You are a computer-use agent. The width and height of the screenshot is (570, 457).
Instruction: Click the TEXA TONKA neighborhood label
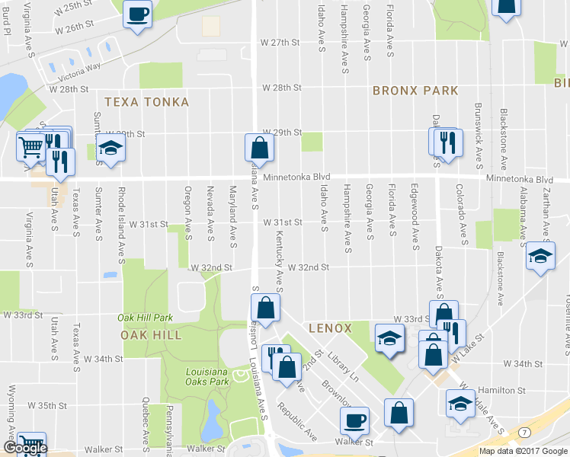[146, 102]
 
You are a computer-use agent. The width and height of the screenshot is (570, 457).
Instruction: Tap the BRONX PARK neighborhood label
[415, 91]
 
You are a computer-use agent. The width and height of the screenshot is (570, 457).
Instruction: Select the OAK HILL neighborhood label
[151, 334]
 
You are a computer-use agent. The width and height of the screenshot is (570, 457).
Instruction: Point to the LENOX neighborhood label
[330, 328]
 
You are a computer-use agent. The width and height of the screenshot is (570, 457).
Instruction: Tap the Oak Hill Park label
[145, 318]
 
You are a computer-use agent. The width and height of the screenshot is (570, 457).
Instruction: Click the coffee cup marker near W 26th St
[138, 14]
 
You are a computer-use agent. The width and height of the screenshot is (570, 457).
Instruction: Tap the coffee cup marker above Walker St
[354, 420]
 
